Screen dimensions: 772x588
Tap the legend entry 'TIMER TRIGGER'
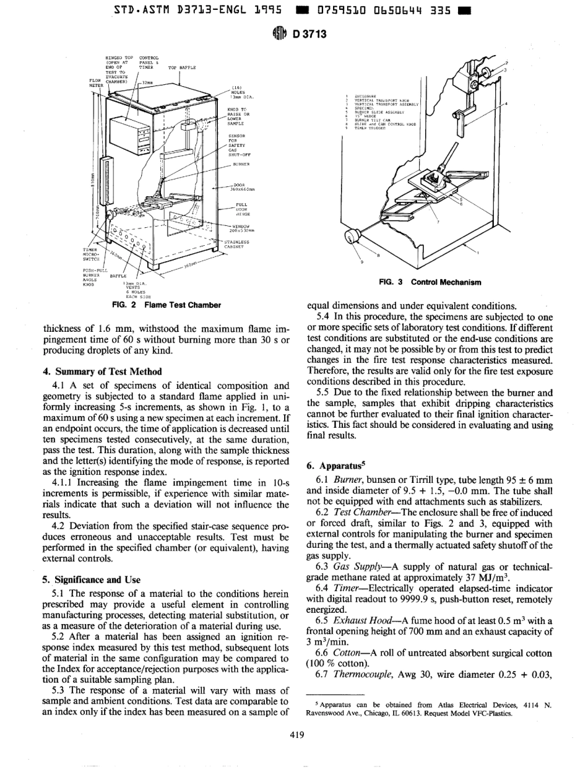(368, 127)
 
